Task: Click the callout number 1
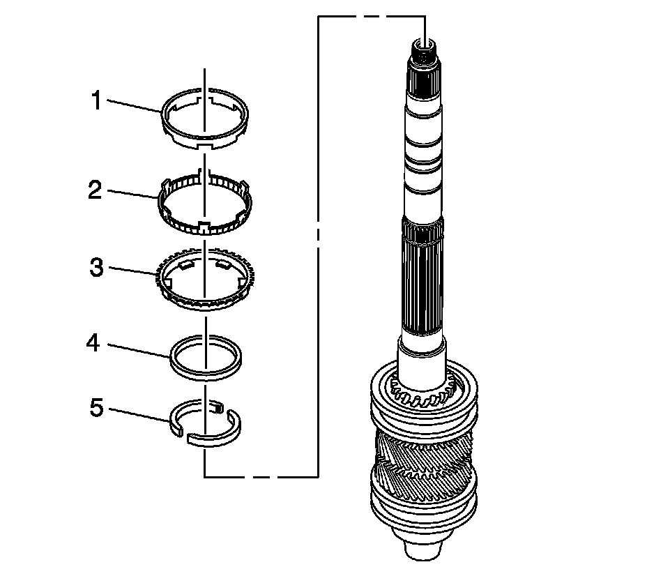point(97,102)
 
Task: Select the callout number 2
point(96,190)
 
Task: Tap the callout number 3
point(97,268)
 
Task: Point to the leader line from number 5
point(139,414)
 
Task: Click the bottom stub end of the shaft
point(422,547)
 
